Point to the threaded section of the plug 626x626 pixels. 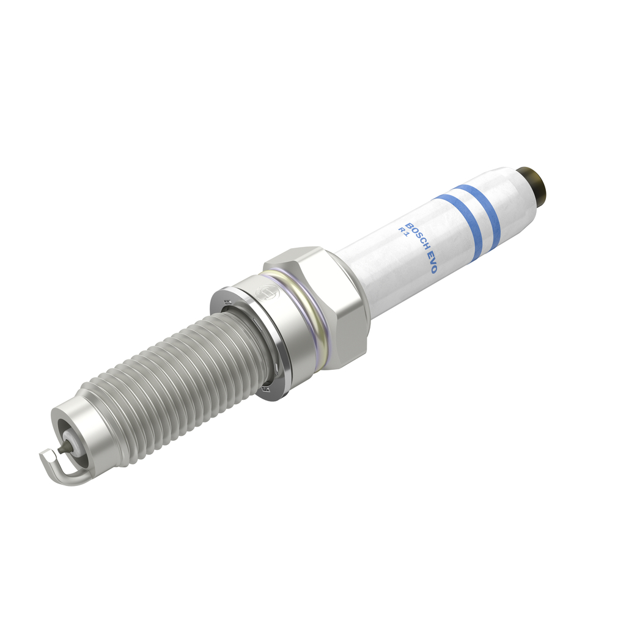pos(177,391)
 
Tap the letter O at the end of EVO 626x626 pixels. pos(433,268)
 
